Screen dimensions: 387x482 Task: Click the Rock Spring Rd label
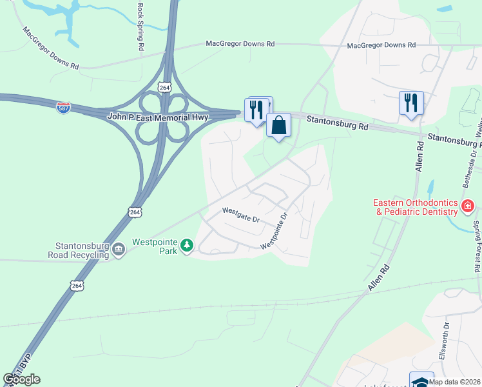[140, 26]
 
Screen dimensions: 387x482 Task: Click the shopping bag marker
[279, 126]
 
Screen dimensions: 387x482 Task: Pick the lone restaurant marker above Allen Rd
[410, 103]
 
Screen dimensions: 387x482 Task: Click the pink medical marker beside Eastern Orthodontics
[468, 207]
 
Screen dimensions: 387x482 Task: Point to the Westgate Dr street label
[240, 215]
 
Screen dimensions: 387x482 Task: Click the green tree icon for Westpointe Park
[187, 245]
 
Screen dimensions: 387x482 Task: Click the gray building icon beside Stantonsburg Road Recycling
[119, 250]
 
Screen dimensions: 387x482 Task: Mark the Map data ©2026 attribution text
[454, 382]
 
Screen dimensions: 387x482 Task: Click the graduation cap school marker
[421, 381]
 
